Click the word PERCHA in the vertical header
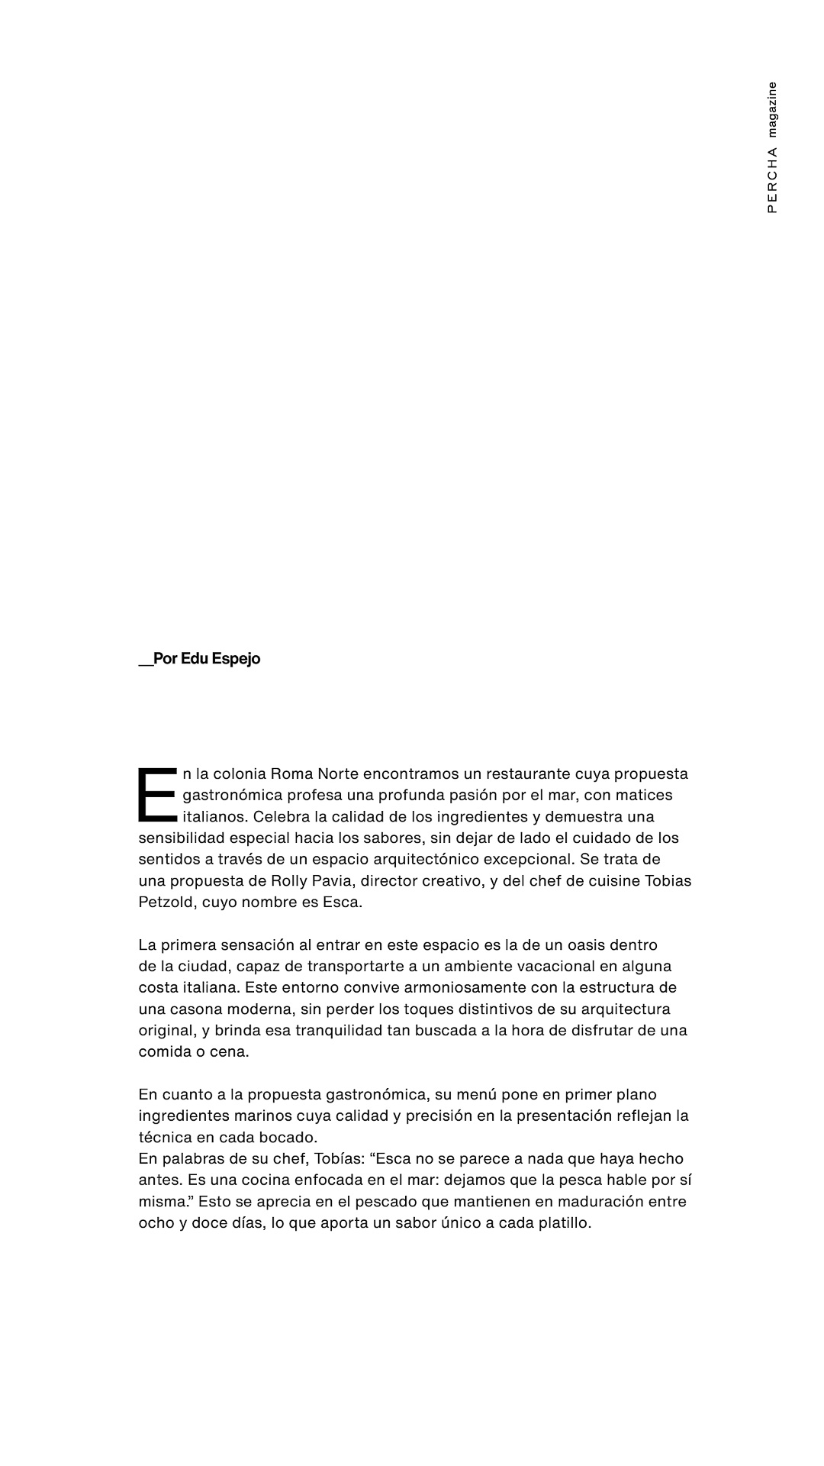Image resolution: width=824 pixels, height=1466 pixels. tap(772, 180)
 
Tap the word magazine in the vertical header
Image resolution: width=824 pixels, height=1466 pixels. tap(772, 109)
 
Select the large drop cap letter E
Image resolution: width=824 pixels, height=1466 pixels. tap(157, 795)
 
